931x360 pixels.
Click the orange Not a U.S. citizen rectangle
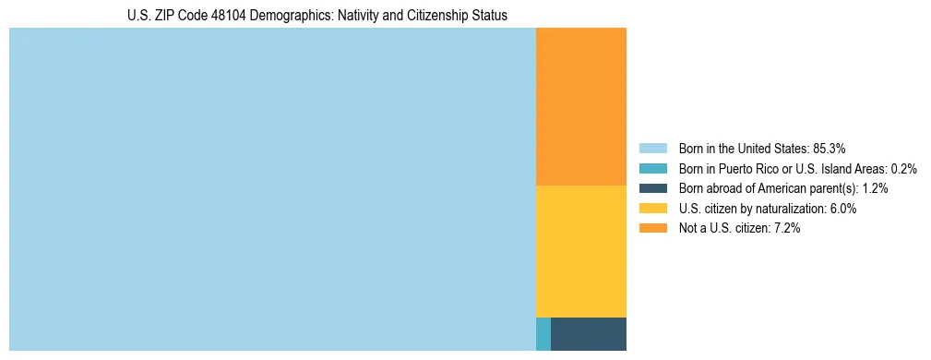click(580, 106)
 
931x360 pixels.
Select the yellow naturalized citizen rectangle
click(580, 251)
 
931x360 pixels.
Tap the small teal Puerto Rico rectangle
click(543, 333)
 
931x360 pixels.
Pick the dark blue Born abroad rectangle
click(588, 333)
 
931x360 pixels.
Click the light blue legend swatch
click(652, 149)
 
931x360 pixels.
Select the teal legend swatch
click(652, 169)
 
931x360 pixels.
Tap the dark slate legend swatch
click(652, 188)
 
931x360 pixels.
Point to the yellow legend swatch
click(652, 209)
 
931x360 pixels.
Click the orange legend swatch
click(652, 229)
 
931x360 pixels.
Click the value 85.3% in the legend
click(829, 149)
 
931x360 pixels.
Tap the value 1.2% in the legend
click(876, 188)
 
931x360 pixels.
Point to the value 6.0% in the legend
click(843, 209)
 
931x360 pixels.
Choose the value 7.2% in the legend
click(787, 229)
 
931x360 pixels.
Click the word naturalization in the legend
click(789, 209)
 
